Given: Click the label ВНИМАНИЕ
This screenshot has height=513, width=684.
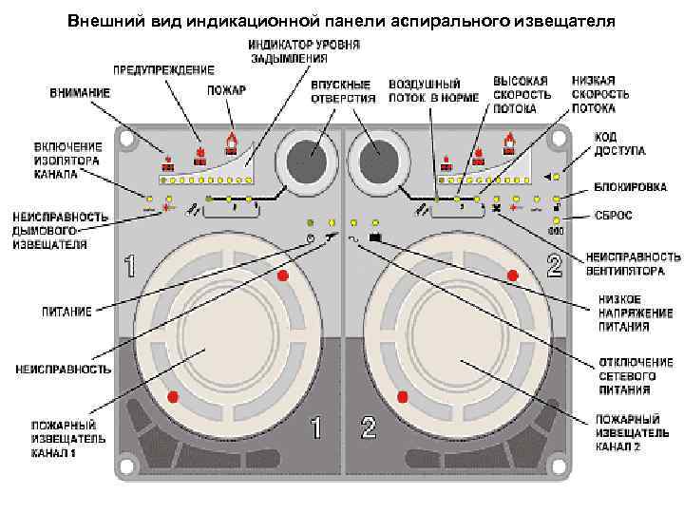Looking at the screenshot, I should (80, 93).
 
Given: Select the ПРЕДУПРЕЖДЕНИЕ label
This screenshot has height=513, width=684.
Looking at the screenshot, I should (163, 70).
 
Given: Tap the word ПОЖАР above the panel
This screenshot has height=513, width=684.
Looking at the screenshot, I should (225, 90).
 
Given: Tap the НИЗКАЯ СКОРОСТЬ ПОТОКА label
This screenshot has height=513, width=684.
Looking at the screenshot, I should (600, 95).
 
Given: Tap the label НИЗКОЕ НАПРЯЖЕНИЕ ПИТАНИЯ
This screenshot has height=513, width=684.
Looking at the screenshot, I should (635, 313).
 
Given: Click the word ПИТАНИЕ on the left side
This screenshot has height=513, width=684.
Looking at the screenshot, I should (66, 311).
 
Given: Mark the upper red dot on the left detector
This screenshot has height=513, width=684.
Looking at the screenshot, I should (282, 275).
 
